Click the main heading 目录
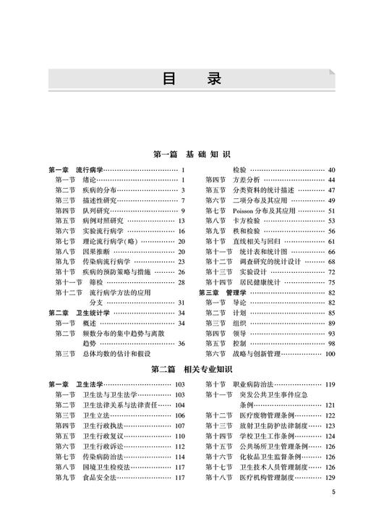tap(188, 77)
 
